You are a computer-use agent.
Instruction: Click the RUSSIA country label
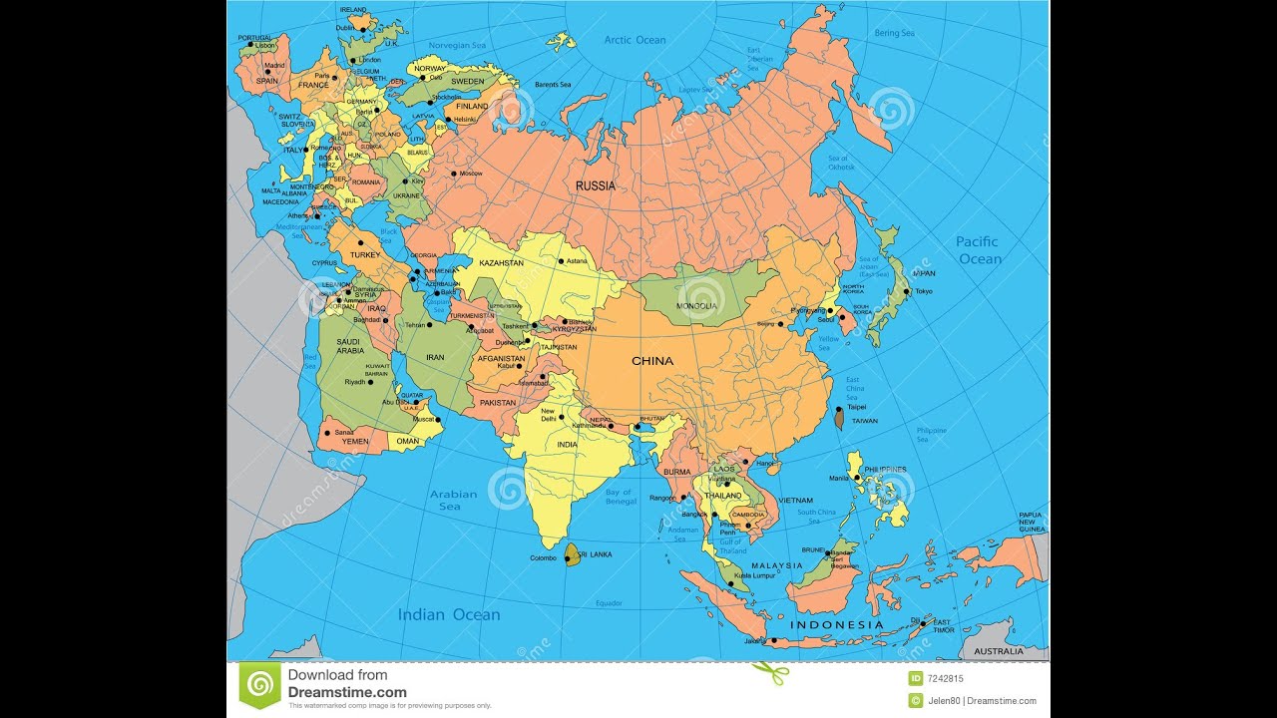[596, 185]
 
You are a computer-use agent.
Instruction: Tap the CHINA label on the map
[652, 361]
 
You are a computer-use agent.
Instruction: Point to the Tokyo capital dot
[907, 291]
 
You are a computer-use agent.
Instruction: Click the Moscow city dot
[453, 174]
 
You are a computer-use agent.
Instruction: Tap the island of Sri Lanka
[573, 554]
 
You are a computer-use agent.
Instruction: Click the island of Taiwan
[838, 417]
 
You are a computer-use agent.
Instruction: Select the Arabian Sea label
[453, 500]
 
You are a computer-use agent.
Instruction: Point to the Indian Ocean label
[449, 614]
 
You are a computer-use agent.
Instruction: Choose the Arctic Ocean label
[635, 40]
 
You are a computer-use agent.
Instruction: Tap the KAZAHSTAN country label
[501, 263]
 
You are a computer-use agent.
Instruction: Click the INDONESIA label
[836, 625]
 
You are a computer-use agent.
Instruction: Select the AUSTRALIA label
[999, 651]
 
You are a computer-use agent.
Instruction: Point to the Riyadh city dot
[373, 382]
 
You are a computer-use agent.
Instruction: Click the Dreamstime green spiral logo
[260, 685]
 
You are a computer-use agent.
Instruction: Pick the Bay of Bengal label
[620, 497]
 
